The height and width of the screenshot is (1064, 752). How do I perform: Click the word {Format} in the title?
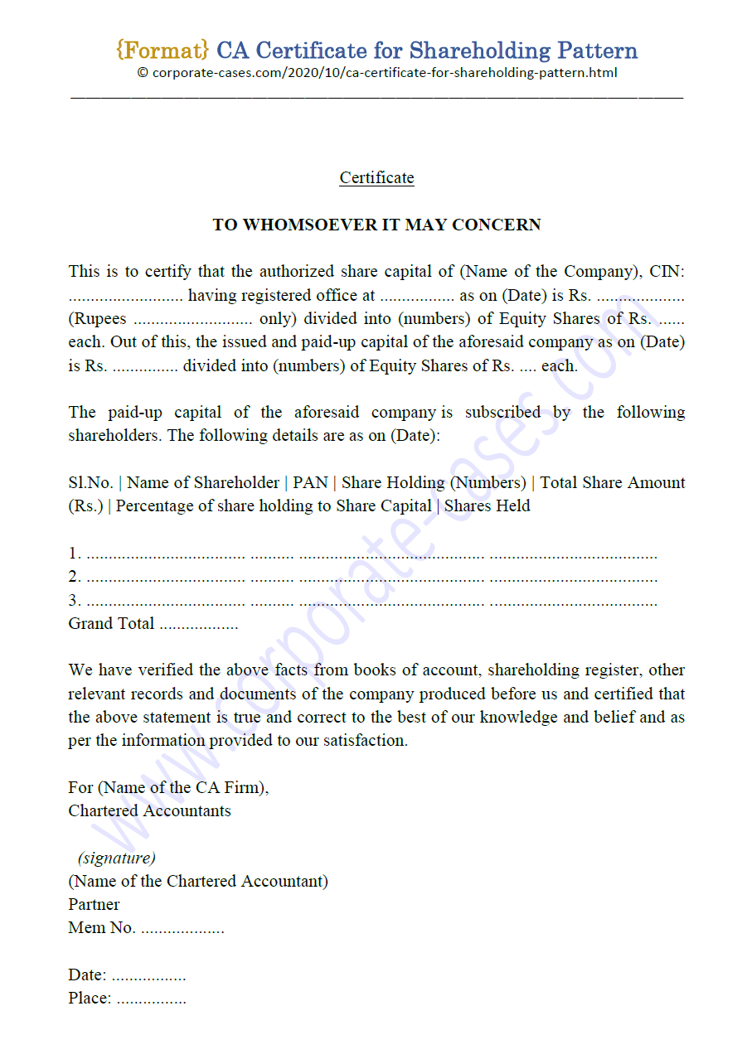point(163,51)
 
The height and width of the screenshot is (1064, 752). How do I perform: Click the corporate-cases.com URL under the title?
point(376,73)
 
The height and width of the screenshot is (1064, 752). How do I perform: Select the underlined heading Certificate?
point(376,177)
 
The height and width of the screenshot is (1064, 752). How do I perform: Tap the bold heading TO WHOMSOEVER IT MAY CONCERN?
point(376,225)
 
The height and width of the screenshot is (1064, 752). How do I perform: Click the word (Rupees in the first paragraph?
point(97,319)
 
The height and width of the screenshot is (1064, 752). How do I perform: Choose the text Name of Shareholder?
point(203,483)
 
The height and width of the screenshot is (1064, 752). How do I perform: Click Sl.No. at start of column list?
point(90,483)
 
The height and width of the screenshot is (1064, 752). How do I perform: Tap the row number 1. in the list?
point(75,554)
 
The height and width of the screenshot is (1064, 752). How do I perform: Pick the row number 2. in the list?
point(75,578)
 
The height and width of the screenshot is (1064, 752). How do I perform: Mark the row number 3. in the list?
point(75,601)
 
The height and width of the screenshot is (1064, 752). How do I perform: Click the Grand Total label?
point(111,624)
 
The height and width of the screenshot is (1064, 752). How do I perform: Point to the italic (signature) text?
point(117,858)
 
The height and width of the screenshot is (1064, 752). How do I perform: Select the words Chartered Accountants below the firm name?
point(149,811)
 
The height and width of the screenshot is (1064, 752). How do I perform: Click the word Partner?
point(94,905)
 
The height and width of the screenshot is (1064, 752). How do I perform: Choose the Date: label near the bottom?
point(87,975)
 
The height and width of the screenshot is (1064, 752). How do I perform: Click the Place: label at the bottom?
point(90,999)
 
